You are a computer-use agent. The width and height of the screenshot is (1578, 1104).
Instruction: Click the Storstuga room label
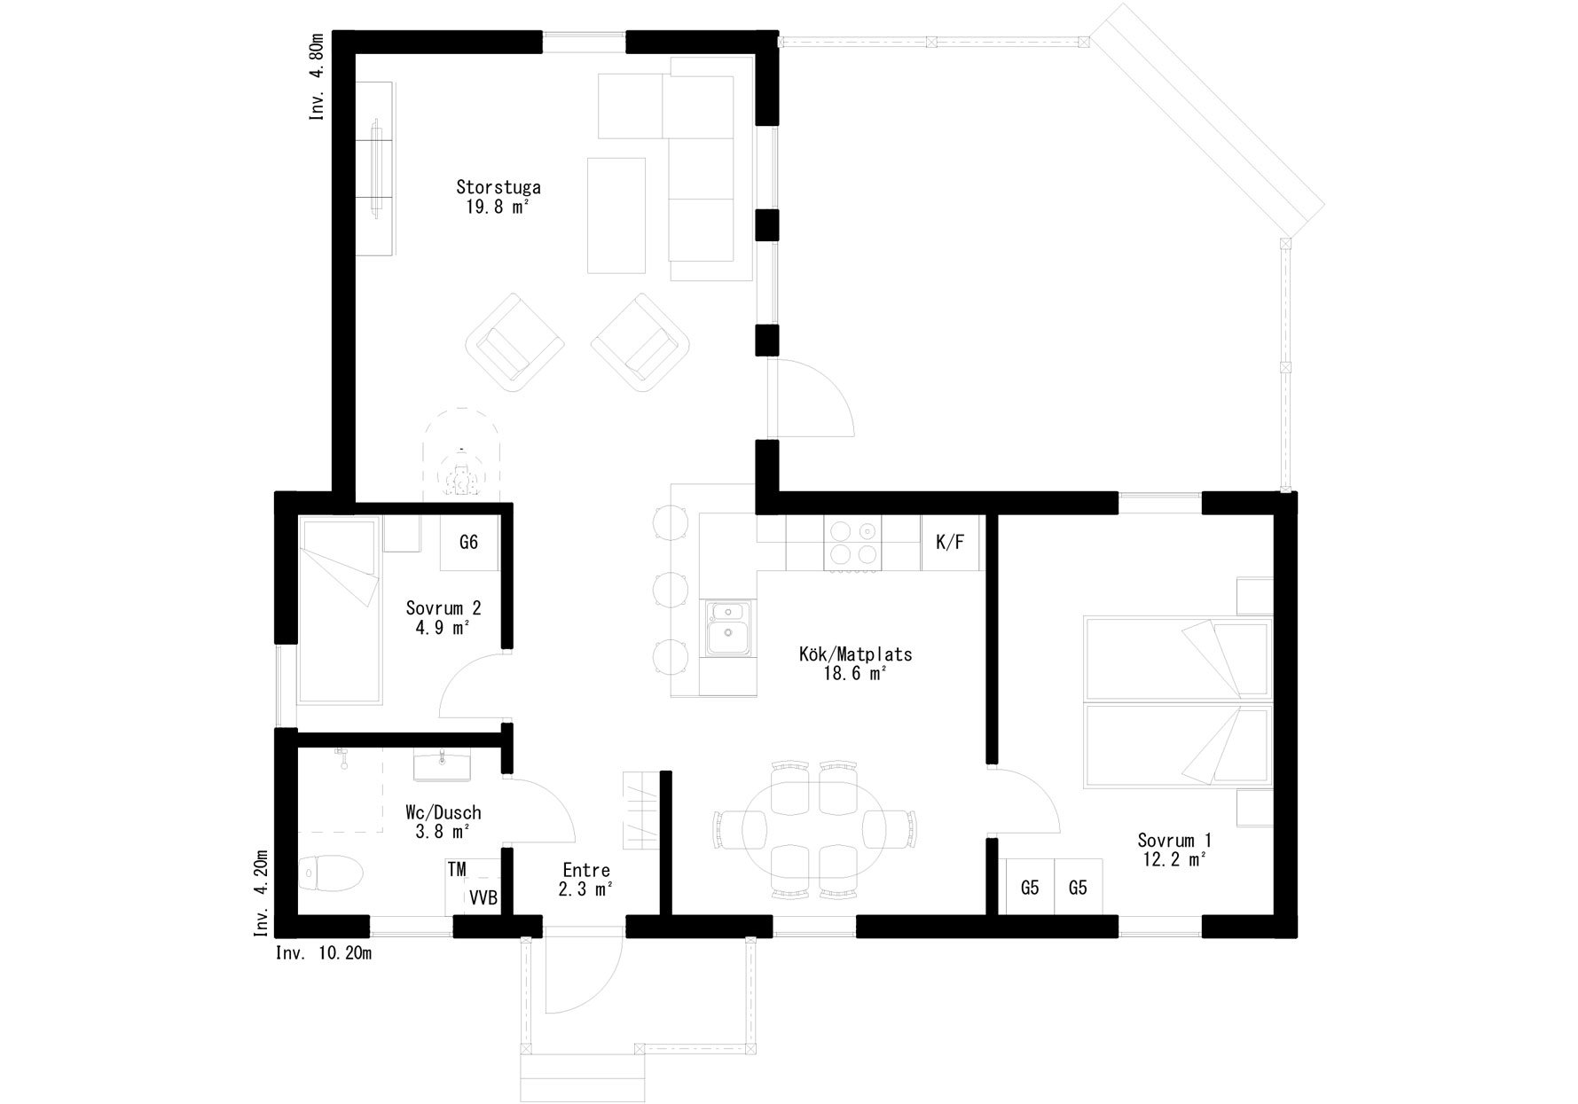(x=499, y=187)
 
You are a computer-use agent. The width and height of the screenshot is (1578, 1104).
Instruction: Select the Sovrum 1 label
(x=1174, y=840)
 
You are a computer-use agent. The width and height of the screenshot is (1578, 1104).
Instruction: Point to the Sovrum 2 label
(x=444, y=608)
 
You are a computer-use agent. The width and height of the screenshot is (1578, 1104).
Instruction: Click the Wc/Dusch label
(x=443, y=812)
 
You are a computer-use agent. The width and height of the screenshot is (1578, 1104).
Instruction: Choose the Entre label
(x=586, y=870)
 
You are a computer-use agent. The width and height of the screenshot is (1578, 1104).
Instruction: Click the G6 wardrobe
(x=469, y=542)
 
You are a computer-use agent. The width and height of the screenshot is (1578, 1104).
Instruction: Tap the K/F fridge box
(x=950, y=543)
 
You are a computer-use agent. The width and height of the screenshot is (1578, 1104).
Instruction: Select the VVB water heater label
(x=483, y=897)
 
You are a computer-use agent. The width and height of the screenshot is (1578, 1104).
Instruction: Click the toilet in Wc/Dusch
(x=331, y=873)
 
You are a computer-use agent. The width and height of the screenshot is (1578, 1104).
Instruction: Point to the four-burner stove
(x=853, y=543)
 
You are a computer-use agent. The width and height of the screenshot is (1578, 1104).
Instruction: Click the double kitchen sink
(x=729, y=629)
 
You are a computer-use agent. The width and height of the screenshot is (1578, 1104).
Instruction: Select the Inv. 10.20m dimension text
(x=324, y=953)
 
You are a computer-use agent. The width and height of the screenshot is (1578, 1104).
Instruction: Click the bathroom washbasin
(x=442, y=765)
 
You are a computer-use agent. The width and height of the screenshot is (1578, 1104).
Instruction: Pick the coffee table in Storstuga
(x=616, y=215)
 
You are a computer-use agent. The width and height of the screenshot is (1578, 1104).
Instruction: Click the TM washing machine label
(x=457, y=870)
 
